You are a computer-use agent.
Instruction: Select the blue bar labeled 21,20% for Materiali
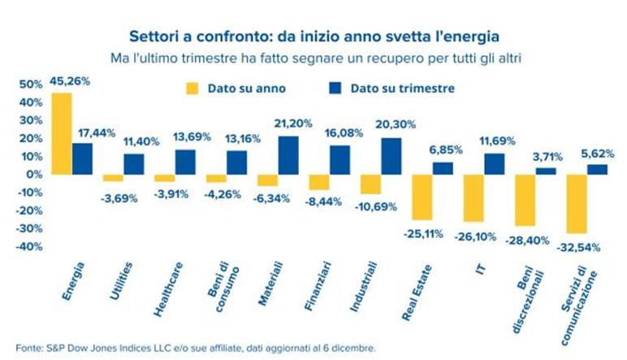(x=288, y=154)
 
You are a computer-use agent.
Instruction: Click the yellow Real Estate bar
(x=422, y=197)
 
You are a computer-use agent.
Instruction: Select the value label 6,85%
(x=443, y=151)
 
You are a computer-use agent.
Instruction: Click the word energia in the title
(x=469, y=37)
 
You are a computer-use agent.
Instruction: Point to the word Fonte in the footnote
(x=28, y=348)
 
